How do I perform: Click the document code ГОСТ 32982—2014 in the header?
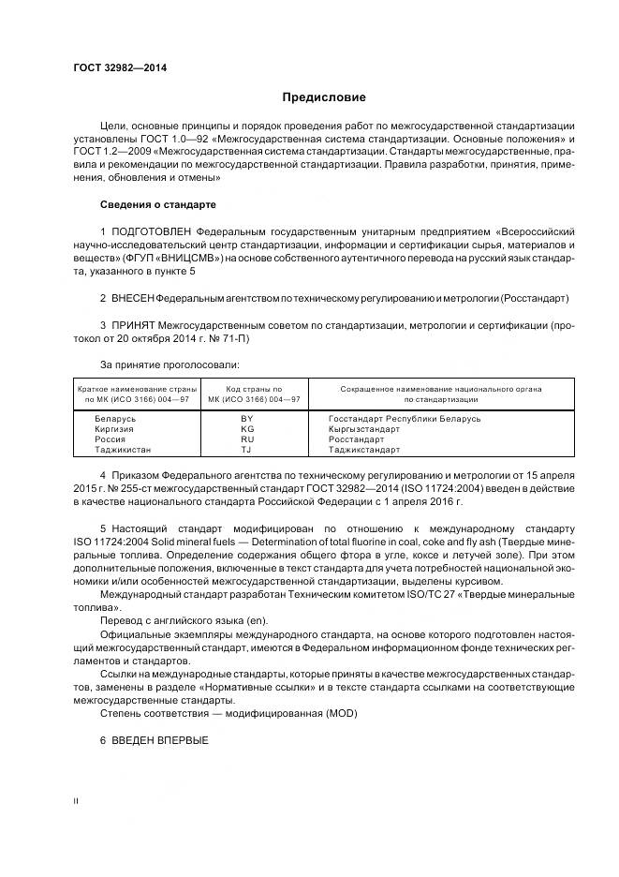coord(113,67)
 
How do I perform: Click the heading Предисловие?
coord(324,97)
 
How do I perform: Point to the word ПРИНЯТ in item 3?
coord(131,325)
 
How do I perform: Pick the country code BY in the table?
coord(247,419)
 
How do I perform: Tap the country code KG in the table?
coord(247,429)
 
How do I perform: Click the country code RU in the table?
coord(247,439)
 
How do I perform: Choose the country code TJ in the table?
coord(247,450)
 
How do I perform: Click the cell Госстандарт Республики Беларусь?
coord(405,419)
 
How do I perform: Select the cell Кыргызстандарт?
coord(364,429)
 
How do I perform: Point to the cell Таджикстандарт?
coord(364,450)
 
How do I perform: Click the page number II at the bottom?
coord(76,828)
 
